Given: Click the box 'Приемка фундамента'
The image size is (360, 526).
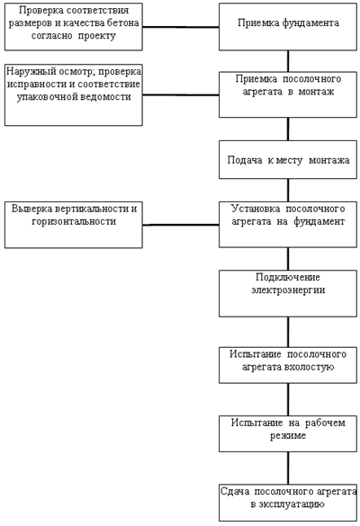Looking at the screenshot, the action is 288,27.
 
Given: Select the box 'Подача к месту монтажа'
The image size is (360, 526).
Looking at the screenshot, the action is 288,160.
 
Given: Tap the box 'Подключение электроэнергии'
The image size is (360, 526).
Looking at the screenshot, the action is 288,293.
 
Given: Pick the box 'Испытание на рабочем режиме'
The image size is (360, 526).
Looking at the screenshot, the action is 288,433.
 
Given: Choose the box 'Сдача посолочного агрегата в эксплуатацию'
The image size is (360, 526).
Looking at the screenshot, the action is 288,503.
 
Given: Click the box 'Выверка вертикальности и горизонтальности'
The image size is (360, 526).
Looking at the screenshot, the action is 74,225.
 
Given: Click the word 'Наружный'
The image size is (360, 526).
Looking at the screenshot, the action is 27,71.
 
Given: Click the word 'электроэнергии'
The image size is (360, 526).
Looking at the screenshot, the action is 288,290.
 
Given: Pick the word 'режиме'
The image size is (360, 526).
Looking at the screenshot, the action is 288,436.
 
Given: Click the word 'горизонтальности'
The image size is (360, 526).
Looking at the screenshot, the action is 74,221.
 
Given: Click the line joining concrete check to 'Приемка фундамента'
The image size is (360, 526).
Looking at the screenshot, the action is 181,27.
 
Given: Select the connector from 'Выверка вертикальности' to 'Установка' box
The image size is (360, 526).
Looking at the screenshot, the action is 181,225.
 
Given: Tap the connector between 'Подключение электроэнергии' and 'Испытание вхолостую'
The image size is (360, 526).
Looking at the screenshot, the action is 288,332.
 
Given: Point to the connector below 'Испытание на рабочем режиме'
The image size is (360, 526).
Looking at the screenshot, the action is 288,468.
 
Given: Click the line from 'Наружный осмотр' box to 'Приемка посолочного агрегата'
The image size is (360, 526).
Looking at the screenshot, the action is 181,95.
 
